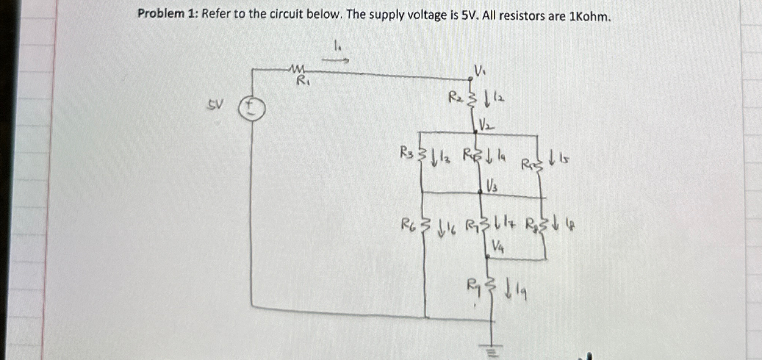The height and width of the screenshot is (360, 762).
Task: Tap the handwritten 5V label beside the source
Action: (x=215, y=105)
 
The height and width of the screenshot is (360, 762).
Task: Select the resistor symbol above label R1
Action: (x=297, y=69)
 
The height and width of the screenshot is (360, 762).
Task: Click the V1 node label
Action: (x=480, y=70)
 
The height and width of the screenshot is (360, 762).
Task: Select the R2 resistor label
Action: (x=456, y=97)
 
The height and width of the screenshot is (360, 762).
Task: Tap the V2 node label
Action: (x=487, y=125)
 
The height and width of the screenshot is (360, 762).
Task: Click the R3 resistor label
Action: (x=408, y=153)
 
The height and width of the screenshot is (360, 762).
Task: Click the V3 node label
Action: (x=492, y=186)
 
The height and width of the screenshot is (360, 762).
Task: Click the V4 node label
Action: (x=498, y=247)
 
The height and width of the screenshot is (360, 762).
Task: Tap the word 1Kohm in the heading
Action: (x=590, y=16)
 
